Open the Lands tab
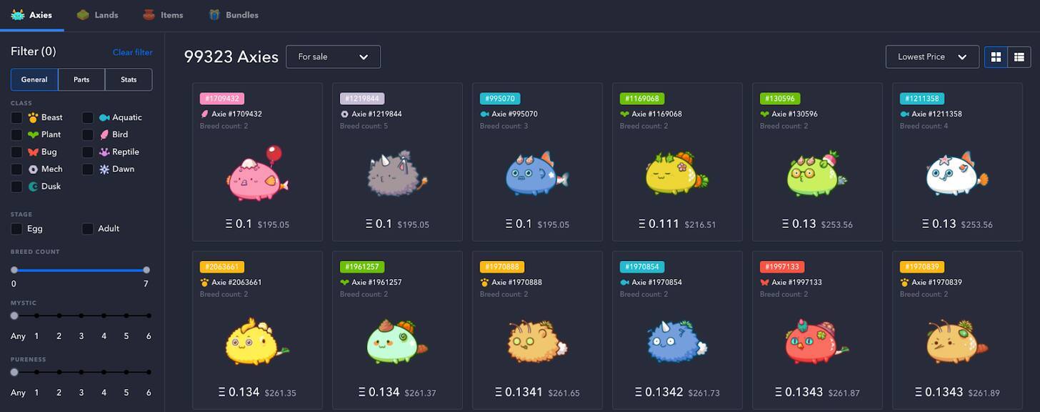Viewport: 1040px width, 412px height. [x=98, y=15]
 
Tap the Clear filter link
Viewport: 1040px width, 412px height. [x=132, y=52]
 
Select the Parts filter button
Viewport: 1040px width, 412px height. [x=81, y=79]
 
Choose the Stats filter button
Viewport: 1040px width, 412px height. [x=129, y=79]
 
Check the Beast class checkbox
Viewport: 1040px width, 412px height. [x=16, y=117]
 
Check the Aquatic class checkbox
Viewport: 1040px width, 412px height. [x=87, y=117]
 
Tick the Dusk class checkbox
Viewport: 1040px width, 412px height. [x=16, y=187]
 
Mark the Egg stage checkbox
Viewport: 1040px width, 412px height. [x=16, y=229]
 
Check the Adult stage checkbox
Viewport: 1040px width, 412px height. [x=87, y=229]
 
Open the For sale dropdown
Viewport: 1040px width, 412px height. [x=333, y=57]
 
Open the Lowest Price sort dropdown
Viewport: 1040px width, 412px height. [x=931, y=57]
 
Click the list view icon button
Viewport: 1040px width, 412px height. [x=1019, y=57]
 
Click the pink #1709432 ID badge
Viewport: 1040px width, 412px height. [x=222, y=99]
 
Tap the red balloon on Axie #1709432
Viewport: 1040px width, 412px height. [x=274, y=154]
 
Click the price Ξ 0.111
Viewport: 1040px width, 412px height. [x=659, y=224]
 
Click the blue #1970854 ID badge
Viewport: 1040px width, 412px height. [x=642, y=267]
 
